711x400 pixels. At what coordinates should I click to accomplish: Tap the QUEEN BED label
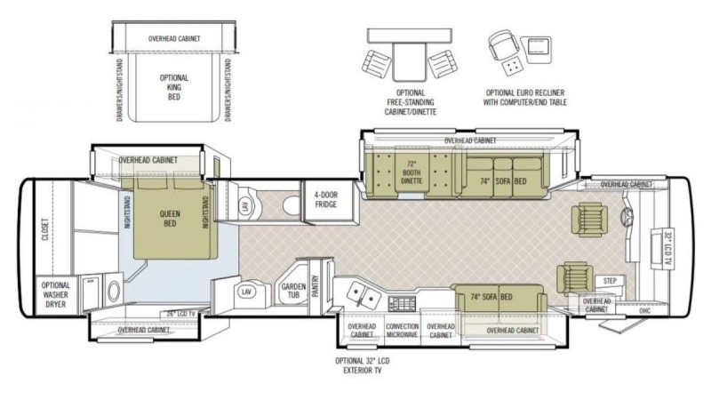pos(169,219)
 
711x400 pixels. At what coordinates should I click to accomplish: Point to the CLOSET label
pos(45,231)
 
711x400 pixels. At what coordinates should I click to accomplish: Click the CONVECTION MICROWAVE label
pos(402,331)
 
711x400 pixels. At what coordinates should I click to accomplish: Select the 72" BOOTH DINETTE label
pos(411,172)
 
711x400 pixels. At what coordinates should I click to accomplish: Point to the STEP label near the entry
pos(610,280)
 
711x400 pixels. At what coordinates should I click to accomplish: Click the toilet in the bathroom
pos(291,204)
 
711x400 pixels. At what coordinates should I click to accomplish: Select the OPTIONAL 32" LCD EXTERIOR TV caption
pos(362,365)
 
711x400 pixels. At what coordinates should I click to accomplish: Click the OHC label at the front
pos(645,311)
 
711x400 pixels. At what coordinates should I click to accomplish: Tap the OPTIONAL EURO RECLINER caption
pos(526,97)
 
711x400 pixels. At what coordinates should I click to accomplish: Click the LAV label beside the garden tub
pos(246,291)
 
